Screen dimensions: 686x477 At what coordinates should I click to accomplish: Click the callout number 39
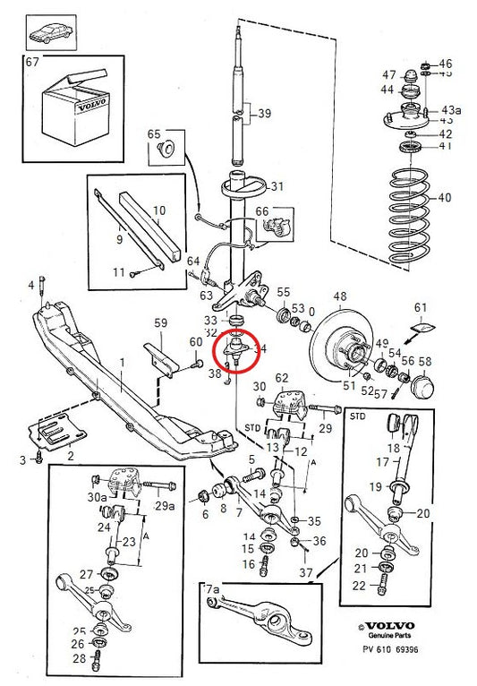(x=263, y=114)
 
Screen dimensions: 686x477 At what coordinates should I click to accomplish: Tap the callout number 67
(x=31, y=63)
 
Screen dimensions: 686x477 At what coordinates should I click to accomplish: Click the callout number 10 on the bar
(x=158, y=211)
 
